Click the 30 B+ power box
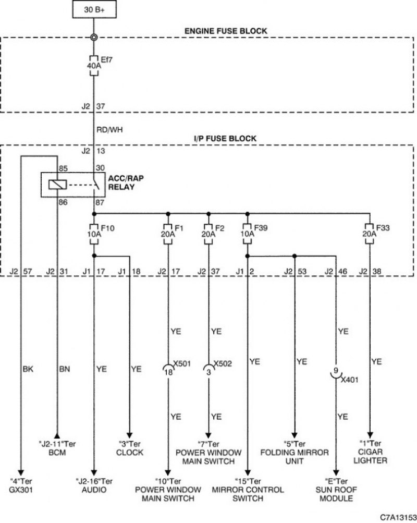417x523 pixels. point(94,10)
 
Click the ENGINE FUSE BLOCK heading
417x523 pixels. point(226,31)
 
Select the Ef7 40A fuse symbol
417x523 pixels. point(94,66)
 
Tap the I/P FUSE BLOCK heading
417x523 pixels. point(225,139)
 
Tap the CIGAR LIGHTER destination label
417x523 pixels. point(370,456)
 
